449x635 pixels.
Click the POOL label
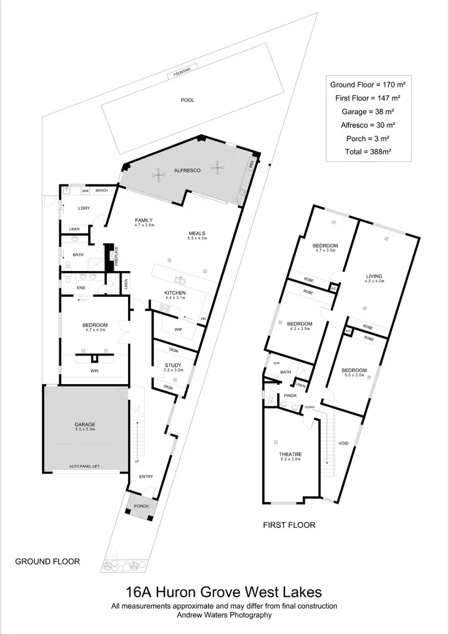187,101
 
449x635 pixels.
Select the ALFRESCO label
186,171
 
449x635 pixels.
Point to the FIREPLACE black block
110,256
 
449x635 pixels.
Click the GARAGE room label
84,425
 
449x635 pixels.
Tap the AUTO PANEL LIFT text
84,466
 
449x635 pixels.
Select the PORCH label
141,506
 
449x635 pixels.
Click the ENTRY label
146,476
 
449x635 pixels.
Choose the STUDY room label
172,366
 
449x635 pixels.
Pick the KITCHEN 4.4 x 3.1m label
175,294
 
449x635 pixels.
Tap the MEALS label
198,234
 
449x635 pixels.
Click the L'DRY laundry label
84,208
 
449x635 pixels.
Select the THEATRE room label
290,455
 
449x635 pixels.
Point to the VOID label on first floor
343,443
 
